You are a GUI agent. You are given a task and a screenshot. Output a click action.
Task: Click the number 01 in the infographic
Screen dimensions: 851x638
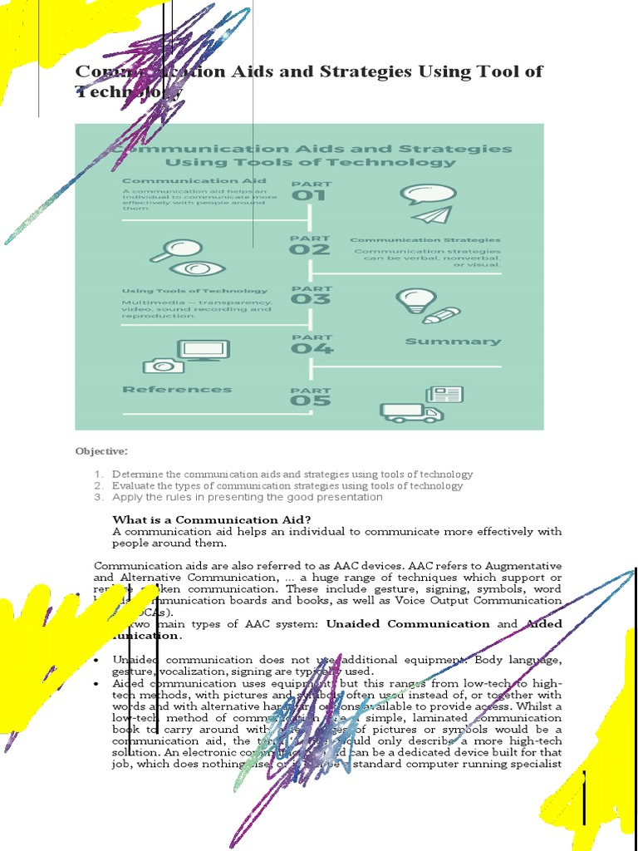[309, 196]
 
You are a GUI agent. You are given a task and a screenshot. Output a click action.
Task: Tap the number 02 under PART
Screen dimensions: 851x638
[309, 249]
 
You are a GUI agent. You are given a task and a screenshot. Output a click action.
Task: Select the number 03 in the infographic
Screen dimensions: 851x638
[309, 299]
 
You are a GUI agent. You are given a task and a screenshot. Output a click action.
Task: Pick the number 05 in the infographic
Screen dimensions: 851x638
[309, 400]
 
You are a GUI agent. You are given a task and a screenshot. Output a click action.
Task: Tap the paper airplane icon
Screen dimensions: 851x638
[429, 214]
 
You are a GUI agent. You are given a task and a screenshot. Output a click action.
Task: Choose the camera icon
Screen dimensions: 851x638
[163, 365]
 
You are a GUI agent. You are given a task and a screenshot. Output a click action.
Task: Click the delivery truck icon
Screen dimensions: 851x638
[410, 412]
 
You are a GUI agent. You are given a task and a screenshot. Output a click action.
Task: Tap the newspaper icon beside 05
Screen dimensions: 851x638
[444, 395]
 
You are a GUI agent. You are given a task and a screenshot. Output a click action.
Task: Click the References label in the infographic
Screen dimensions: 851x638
[177, 389]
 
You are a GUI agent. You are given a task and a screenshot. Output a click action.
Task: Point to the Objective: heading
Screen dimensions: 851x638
[101, 450]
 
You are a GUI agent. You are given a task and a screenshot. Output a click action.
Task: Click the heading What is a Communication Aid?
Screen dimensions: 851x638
[211, 520]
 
